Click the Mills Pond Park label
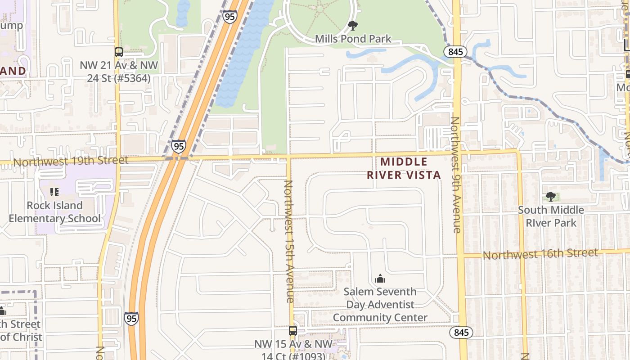353,39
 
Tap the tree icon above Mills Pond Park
353,26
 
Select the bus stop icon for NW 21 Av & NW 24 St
119,52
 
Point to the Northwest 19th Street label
71,161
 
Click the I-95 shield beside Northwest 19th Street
179,146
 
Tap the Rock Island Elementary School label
54,212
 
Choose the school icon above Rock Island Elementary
54,193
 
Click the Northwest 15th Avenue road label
289,241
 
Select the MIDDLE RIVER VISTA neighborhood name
404,168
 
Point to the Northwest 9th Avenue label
456,175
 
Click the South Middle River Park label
551,216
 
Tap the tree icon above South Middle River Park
550,196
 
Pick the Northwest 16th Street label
540,254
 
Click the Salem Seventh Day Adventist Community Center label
380,305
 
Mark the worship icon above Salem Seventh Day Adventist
380,279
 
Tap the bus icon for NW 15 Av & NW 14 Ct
293,331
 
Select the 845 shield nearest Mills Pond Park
455,52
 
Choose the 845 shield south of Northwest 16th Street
461,333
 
